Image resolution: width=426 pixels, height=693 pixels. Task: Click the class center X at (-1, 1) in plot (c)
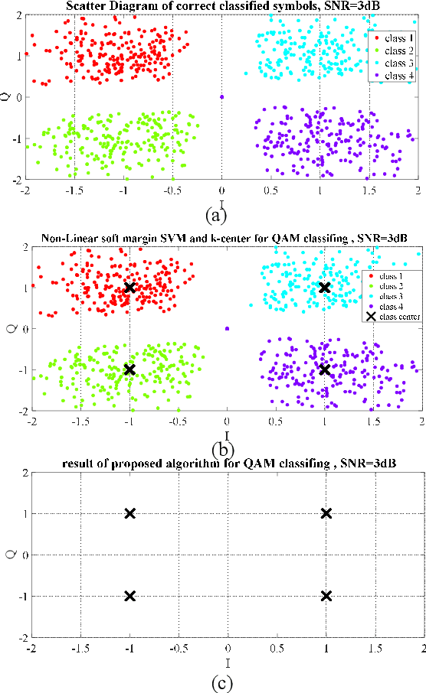point(129,513)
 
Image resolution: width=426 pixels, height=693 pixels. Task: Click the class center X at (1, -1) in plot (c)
point(326,595)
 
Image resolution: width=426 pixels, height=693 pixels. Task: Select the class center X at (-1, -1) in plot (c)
point(129,595)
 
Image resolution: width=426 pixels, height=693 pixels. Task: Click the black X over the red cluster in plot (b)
point(129,288)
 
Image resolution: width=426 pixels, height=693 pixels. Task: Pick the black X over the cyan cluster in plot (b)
point(324,288)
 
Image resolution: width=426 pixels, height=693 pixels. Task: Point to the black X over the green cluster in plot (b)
point(129,369)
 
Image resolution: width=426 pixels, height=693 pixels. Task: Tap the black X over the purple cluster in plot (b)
point(324,369)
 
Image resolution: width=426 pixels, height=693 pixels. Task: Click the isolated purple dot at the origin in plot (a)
point(221,96)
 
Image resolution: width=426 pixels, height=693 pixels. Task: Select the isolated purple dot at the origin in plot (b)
point(227,328)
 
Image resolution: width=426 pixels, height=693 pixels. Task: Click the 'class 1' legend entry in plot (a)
point(395,37)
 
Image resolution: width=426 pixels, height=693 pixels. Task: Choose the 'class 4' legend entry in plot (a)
point(395,74)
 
